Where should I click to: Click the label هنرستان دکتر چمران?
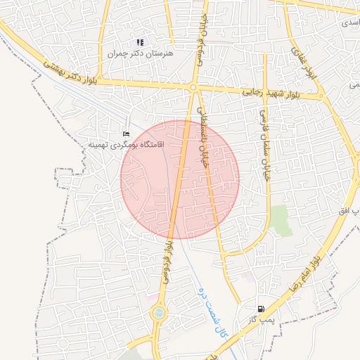coord(141,53)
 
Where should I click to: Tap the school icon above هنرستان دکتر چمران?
coord(141,42)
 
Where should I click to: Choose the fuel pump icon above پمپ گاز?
coord(262,309)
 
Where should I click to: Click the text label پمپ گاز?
coord(259,319)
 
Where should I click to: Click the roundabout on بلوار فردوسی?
coord(159,312)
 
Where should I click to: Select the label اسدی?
coord(349,23)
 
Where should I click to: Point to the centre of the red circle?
coord(180,179)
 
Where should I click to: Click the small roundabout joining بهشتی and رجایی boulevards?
coord(193,87)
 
